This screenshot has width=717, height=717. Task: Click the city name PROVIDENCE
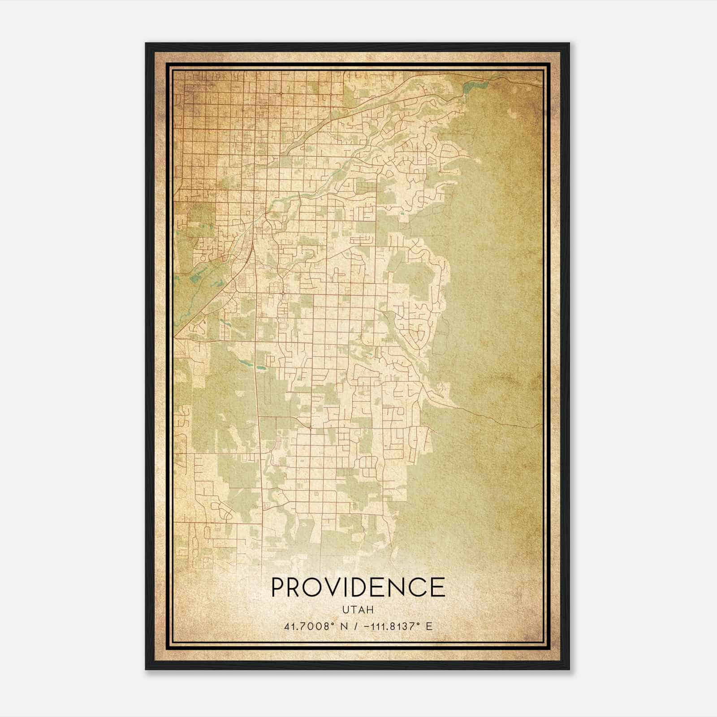pyautogui.click(x=358, y=587)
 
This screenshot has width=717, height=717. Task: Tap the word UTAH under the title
pyautogui.click(x=358, y=610)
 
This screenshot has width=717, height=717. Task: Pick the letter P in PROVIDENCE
pyautogui.click(x=279, y=587)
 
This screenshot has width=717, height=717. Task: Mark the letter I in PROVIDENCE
pyautogui.click(x=351, y=587)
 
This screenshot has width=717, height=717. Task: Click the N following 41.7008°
pyautogui.click(x=343, y=626)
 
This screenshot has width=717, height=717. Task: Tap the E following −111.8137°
pyautogui.click(x=429, y=626)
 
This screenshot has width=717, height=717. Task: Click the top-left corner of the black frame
pyautogui.click(x=147, y=44)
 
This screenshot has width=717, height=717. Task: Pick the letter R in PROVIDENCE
pyautogui.click(x=296, y=587)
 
